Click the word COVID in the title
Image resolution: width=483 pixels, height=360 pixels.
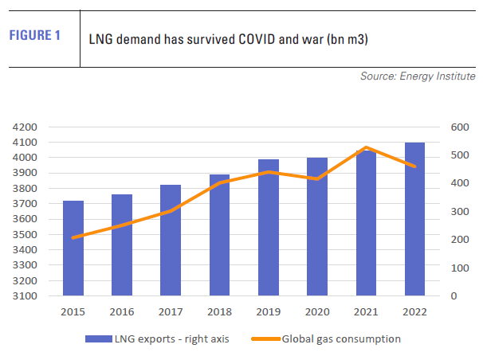[x=239, y=38]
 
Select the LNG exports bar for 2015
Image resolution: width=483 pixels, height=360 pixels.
[x=73, y=248]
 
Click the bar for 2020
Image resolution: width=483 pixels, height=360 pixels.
[x=317, y=226]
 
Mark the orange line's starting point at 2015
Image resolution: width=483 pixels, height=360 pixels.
[x=73, y=237]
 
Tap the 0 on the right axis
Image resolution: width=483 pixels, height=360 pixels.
[x=453, y=296]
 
